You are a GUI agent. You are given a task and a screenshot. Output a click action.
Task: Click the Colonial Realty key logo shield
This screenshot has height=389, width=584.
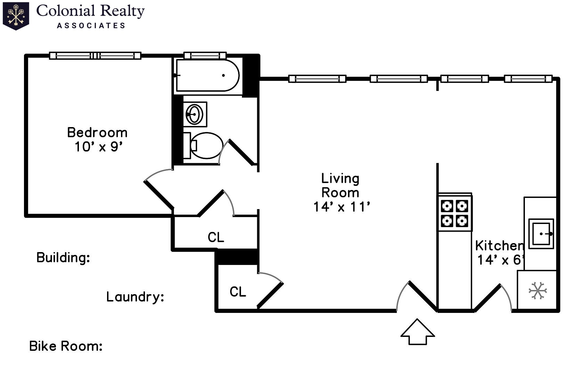[16, 16]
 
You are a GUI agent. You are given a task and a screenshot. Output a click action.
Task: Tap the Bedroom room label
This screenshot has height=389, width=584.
[97, 132]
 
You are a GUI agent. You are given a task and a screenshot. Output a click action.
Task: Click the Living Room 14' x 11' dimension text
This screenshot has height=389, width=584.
[341, 207]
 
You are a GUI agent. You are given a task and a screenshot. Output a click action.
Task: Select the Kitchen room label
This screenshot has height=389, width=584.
[499, 246]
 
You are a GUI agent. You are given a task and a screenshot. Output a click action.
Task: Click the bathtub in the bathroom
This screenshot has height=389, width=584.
[208, 75]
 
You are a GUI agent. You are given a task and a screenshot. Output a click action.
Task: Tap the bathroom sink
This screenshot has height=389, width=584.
[195, 114]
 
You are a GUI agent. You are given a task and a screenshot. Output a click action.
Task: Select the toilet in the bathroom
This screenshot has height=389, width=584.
[205, 146]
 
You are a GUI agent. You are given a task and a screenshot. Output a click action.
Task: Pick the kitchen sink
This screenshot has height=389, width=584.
[541, 233]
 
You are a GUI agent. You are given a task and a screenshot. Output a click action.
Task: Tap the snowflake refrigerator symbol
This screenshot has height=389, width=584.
[537, 290]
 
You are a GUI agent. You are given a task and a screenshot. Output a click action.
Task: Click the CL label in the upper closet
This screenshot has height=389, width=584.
[216, 238]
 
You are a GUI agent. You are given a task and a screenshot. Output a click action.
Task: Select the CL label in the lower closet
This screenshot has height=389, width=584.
[238, 292]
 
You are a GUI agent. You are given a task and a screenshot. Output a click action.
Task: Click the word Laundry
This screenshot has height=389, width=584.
[135, 297]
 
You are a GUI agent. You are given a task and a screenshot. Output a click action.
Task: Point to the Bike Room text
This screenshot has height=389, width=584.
[66, 346]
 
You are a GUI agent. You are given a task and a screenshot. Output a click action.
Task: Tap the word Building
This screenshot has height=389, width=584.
[63, 258]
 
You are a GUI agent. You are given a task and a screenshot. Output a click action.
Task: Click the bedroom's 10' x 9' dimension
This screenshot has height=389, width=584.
[99, 147]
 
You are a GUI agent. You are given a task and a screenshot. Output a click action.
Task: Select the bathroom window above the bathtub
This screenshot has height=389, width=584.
[205, 55]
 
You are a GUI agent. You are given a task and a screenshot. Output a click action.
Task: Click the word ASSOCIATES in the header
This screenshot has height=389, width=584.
[91, 25]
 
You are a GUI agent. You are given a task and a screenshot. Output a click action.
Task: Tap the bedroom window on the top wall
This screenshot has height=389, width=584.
[95, 55]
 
